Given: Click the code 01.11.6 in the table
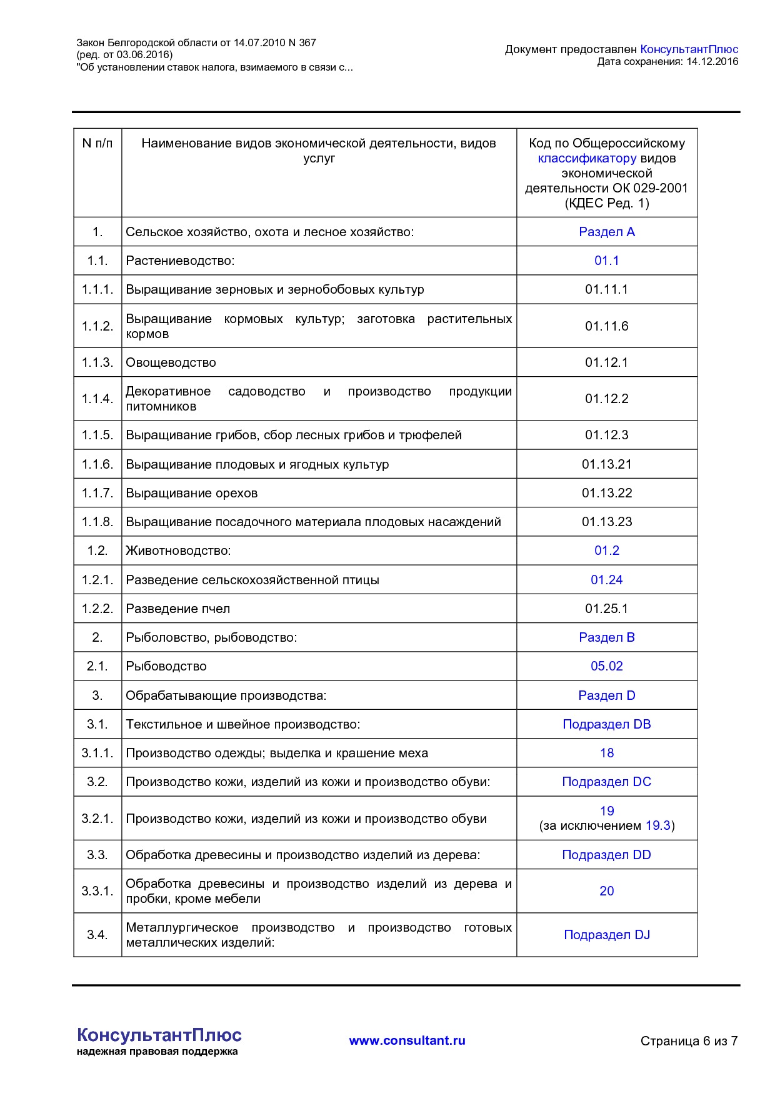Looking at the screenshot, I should (606, 326).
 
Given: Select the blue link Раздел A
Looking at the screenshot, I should (606, 232).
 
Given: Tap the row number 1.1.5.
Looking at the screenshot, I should (97, 435).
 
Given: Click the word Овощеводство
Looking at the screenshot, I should (171, 362).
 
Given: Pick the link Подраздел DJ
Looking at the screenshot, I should (606, 935).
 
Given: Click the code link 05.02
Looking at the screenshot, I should (606, 666).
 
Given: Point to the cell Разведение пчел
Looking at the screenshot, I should (177, 609).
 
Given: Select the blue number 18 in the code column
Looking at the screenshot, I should (606, 753).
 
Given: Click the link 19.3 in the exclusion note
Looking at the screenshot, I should (657, 825).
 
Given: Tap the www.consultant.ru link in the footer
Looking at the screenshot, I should (407, 1040).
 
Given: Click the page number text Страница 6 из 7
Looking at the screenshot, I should (689, 1041).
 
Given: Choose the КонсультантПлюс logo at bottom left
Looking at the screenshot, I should (159, 1036).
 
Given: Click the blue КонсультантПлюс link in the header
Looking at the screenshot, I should (689, 49).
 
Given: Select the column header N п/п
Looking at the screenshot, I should (97, 144).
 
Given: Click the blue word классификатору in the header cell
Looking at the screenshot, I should (587, 158).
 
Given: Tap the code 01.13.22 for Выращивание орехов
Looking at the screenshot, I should (606, 493).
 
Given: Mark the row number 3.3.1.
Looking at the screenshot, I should (97, 891).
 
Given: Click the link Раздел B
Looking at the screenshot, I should (606, 637).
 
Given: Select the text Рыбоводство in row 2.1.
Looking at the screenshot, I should (166, 666).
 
